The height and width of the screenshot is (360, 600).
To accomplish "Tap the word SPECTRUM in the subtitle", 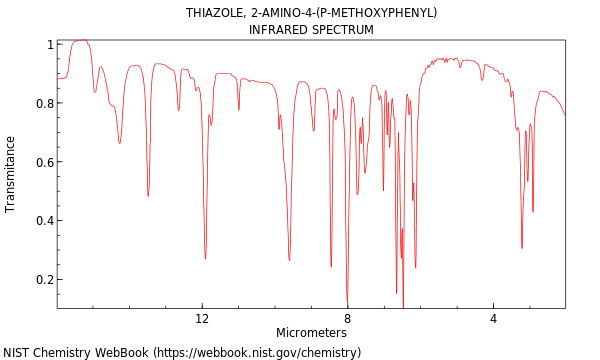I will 344,30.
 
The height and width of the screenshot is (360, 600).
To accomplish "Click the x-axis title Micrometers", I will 311,332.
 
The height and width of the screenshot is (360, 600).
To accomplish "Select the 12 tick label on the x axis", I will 202,319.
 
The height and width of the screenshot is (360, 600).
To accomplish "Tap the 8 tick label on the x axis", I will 348,319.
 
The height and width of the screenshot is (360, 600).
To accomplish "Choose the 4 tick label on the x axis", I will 493,319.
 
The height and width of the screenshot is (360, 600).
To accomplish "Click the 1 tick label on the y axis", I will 48,45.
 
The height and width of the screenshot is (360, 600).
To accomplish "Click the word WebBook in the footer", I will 118,352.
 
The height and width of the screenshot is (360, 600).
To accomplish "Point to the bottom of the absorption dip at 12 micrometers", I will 205,259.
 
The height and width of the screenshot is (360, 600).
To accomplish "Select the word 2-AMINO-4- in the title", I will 284,13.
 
